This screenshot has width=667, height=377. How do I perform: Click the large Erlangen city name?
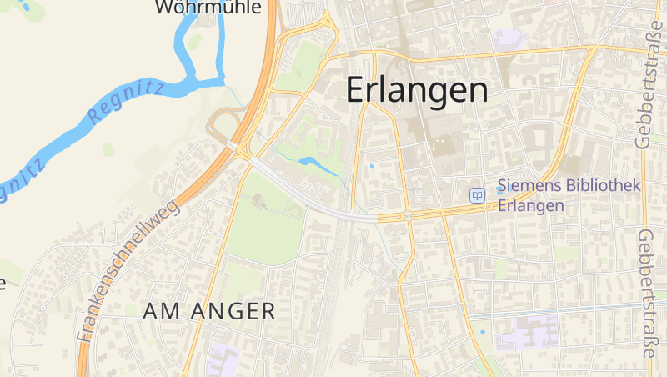pyautogui.click(x=417, y=90)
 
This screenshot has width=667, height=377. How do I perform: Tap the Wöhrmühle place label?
pyautogui.click(x=208, y=8)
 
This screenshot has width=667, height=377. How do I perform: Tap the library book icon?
pyautogui.click(x=477, y=195)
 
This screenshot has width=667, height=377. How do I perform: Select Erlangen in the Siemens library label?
pyautogui.click(x=530, y=205)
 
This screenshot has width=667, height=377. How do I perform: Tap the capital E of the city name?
pyautogui.click(x=355, y=90)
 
